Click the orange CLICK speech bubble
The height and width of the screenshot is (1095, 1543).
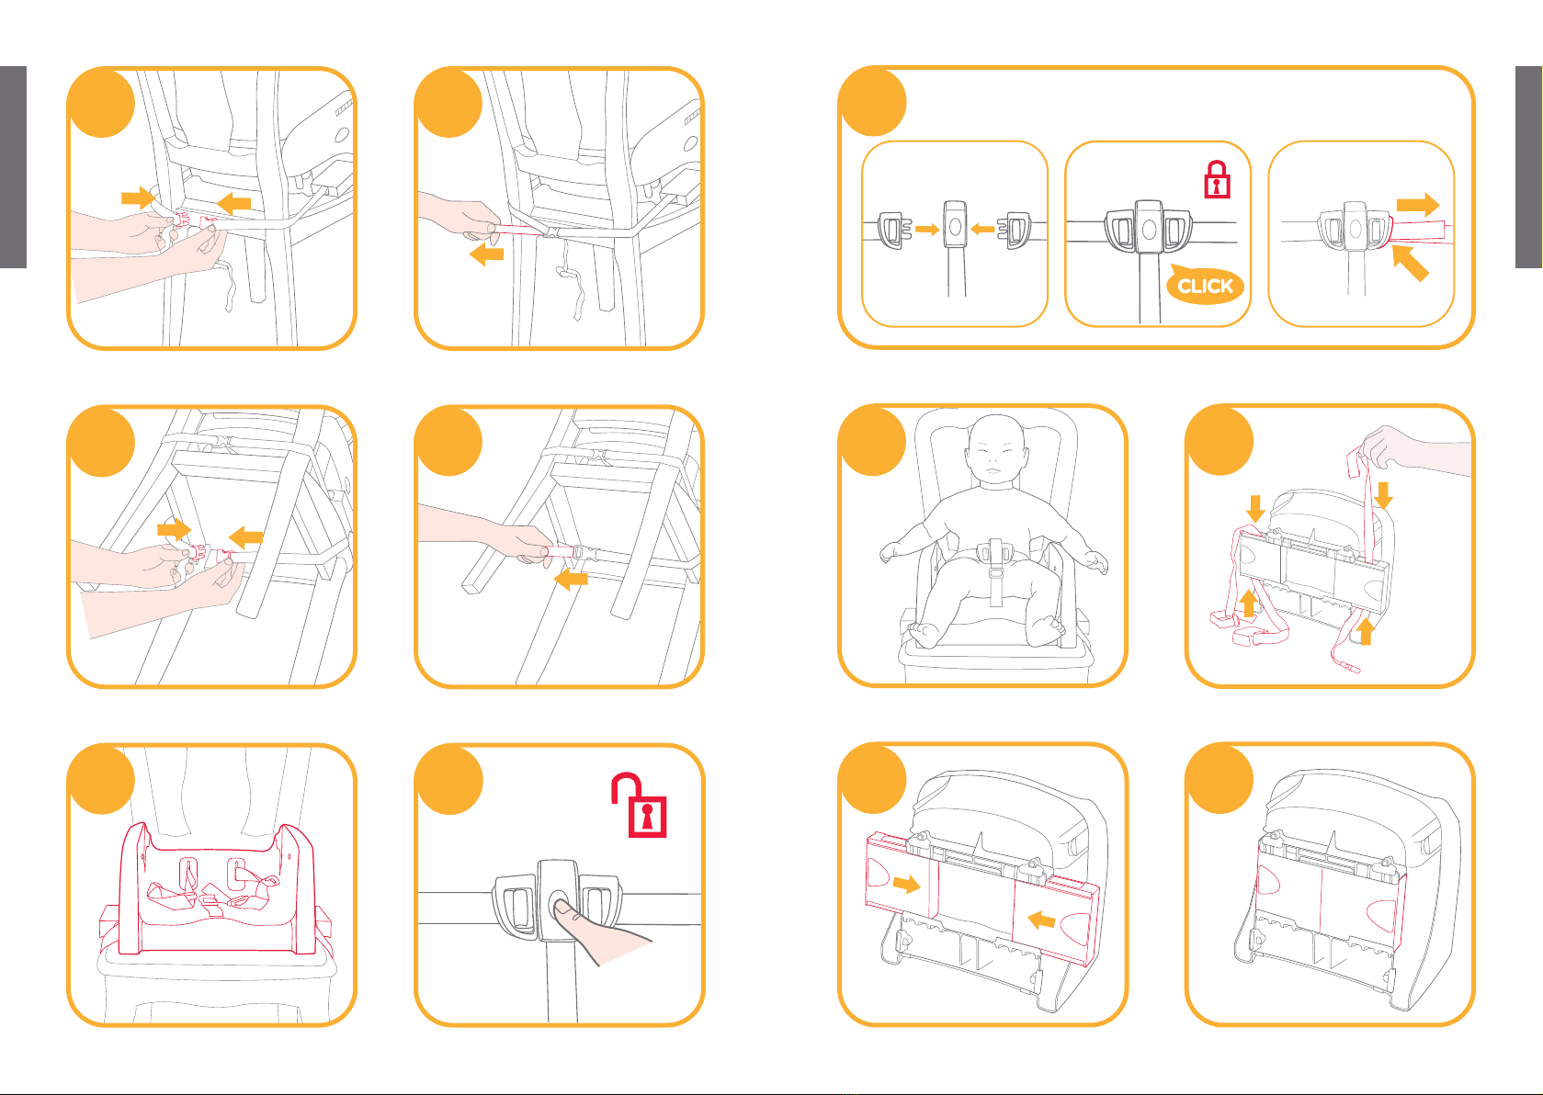point(1205,285)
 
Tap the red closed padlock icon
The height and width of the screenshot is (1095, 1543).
point(1217,180)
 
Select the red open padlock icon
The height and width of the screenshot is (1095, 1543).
point(640,805)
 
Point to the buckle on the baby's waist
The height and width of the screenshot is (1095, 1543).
point(995,551)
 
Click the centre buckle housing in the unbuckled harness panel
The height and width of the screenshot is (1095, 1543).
point(954,223)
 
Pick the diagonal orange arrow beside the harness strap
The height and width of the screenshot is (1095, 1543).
point(1411,263)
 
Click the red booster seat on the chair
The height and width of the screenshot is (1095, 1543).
point(216,888)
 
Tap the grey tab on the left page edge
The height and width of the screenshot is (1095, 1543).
point(13,166)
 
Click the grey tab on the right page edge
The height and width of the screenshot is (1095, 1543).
point(1528,166)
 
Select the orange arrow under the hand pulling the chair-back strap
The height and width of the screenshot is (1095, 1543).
point(486,254)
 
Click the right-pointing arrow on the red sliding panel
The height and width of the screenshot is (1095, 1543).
point(906,884)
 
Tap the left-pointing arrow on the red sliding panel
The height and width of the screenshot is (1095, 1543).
point(1041,920)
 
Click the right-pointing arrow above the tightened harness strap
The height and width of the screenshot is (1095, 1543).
point(1418,205)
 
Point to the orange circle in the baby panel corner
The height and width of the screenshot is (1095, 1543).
point(872,441)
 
